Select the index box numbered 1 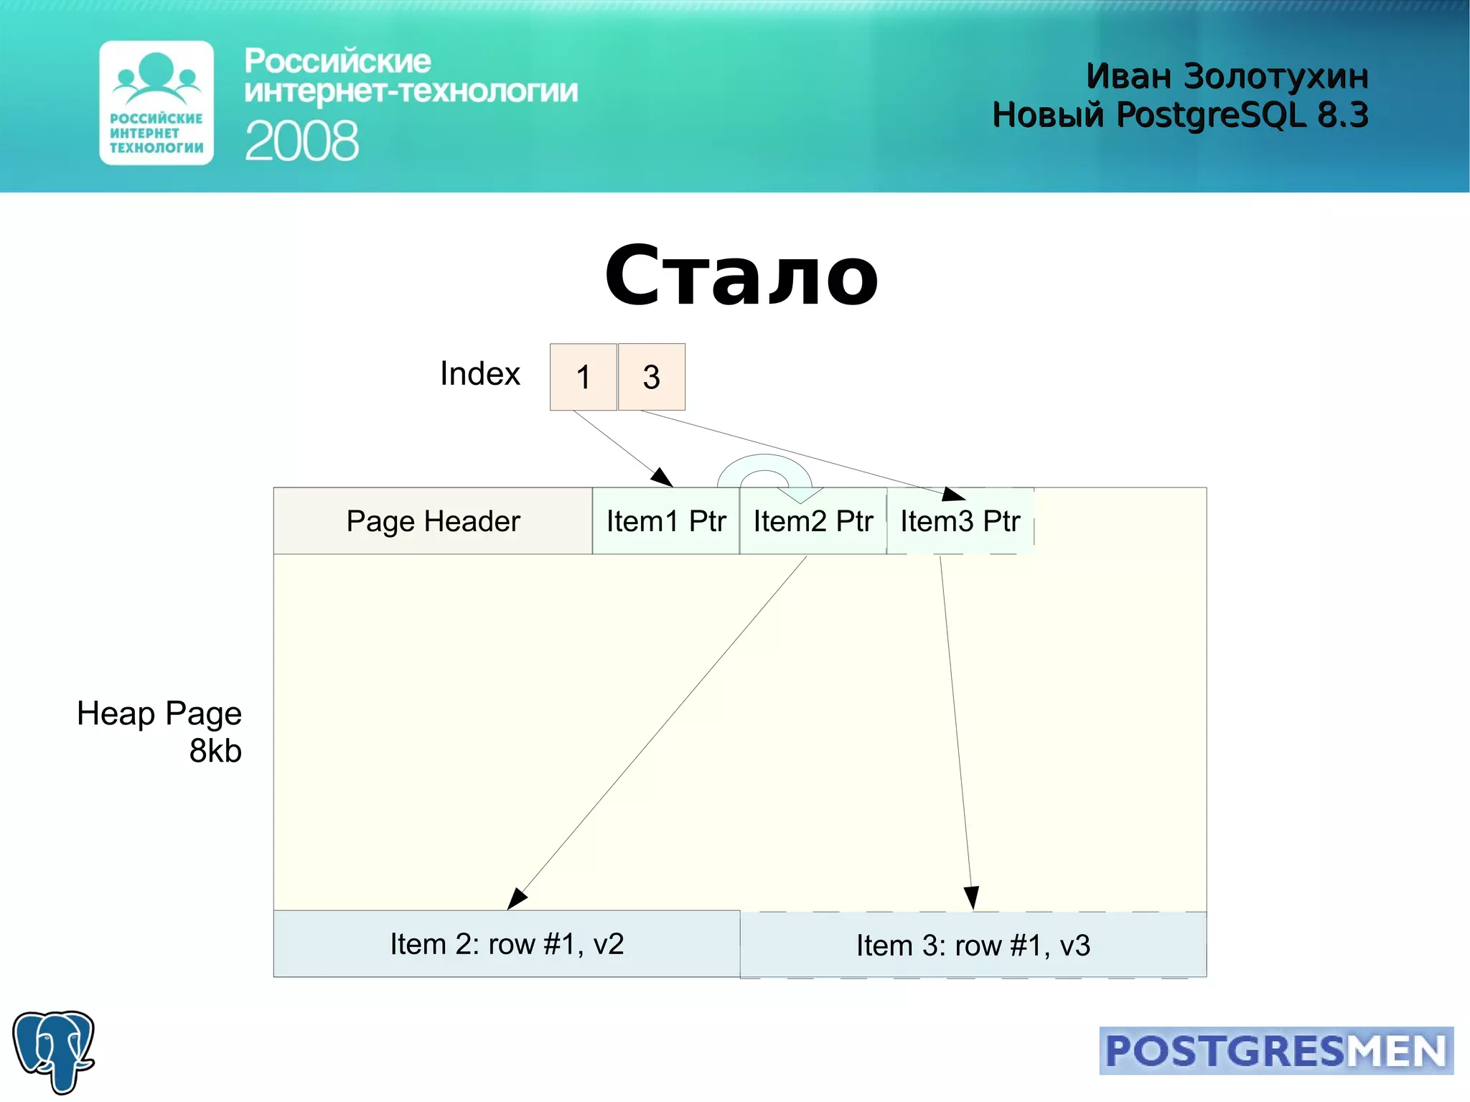[x=583, y=377]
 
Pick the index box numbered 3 [x=652, y=377]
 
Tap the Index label [x=479, y=373]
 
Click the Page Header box [x=433, y=521]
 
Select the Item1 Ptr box [x=666, y=521]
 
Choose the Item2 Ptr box [x=813, y=521]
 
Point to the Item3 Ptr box [x=960, y=521]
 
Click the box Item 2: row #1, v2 [x=507, y=943]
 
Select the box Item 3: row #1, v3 [x=973, y=945]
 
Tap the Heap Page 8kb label [x=159, y=732]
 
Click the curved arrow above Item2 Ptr [x=765, y=472]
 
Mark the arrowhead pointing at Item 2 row [x=517, y=899]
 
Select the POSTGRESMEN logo [x=1275, y=1050]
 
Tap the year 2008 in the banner [x=301, y=141]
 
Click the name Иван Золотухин [x=1226, y=76]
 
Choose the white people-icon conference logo [x=156, y=103]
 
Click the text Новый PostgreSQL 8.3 [x=1180, y=115]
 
